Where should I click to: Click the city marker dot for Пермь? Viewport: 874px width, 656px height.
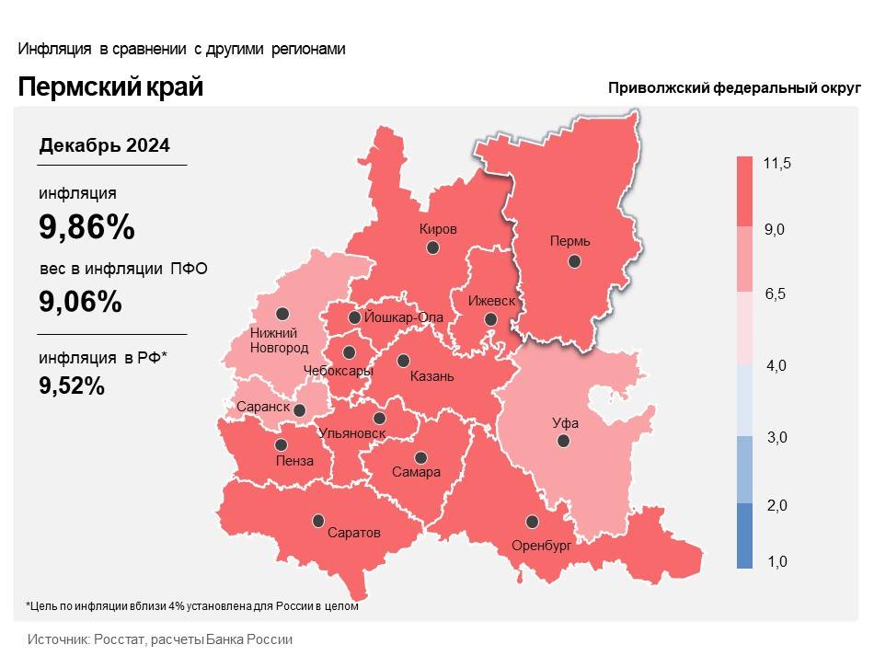[x=574, y=261]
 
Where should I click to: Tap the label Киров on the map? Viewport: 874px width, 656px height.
[x=438, y=229]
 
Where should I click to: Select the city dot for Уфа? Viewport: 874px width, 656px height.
[x=563, y=441]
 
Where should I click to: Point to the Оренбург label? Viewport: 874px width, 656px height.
[x=542, y=545]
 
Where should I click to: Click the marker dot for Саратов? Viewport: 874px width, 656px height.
[x=318, y=520]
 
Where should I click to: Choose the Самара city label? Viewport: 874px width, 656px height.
[x=416, y=472]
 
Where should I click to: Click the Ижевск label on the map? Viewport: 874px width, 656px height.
[x=491, y=301]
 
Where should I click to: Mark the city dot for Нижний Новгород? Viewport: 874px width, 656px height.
[x=282, y=313]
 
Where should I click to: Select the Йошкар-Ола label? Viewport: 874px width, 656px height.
[x=404, y=317]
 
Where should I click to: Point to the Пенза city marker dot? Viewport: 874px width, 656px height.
[x=280, y=444]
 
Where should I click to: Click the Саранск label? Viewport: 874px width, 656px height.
[x=263, y=407]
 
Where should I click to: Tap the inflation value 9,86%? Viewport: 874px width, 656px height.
[x=86, y=225]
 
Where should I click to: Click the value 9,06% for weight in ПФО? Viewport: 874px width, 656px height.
[x=80, y=301]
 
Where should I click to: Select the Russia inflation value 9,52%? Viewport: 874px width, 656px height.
[x=72, y=386]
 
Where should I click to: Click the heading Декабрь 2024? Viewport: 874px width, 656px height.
[x=104, y=145]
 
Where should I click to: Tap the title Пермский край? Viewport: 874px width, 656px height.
[x=110, y=87]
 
